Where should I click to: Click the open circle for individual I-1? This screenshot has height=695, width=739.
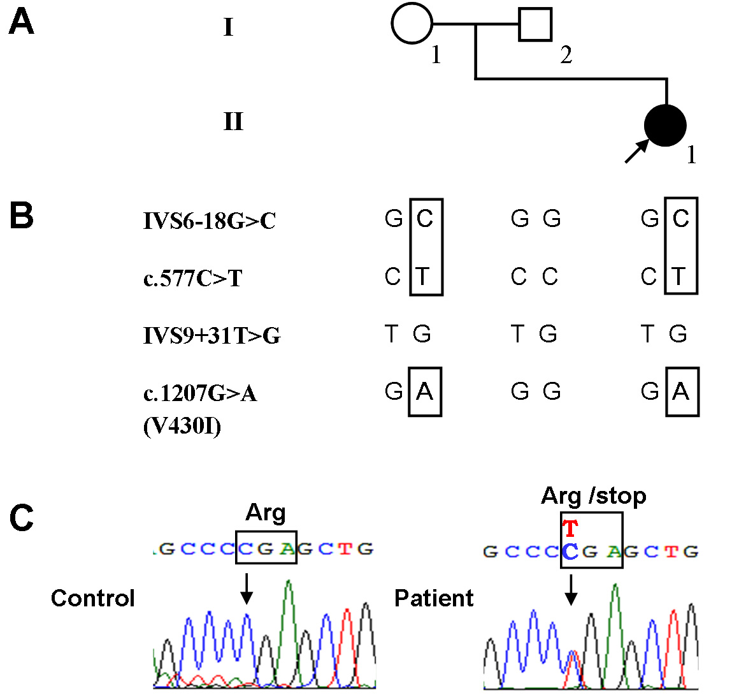pyautogui.click(x=412, y=24)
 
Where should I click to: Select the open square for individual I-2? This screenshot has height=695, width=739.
pyautogui.click(x=535, y=25)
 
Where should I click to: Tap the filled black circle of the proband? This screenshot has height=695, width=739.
pyautogui.click(x=665, y=125)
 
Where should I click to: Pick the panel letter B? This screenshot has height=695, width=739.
pyautogui.click(x=22, y=216)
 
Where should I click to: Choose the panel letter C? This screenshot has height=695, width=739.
pyautogui.click(x=22, y=518)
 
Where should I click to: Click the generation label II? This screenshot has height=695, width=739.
pyautogui.click(x=233, y=121)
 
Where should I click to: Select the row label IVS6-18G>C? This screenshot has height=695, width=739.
pyautogui.click(x=209, y=221)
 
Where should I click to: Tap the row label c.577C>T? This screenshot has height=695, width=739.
pyautogui.click(x=192, y=279)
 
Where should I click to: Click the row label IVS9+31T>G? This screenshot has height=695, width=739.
pyautogui.click(x=212, y=335)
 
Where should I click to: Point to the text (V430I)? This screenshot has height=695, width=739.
pyautogui.click(x=182, y=426)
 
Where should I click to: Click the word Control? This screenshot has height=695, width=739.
pyautogui.click(x=93, y=598)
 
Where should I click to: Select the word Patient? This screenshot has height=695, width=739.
pyautogui.click(x=434, y=598)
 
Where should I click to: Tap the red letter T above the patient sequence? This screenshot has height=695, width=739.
pyautogui.click(x=570, y=529)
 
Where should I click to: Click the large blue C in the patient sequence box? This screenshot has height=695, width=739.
pyautogui.click(x=570, y=552)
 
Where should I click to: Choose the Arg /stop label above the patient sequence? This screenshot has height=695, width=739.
pyautogui.click(x=593, y=495)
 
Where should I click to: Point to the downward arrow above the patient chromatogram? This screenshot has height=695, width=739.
pyautogui.click(x=571, y=589)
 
